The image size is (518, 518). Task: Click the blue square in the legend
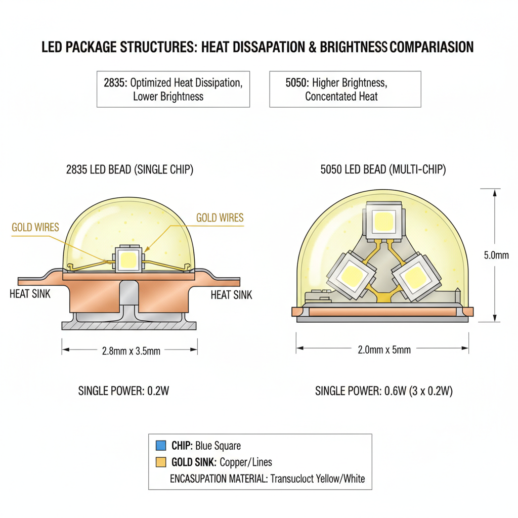tap(160, 446)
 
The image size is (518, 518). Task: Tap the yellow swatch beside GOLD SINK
tap(160, 462)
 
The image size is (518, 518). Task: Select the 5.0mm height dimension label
tap(496, 255)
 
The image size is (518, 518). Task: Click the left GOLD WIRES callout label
tap(35, 227)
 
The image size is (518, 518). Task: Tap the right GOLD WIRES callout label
tap(220, 218)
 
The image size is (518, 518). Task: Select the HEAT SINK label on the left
tap(30, 293)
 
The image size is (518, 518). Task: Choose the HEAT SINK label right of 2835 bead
tap(231, 294)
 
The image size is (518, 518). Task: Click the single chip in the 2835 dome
tap(129, 260)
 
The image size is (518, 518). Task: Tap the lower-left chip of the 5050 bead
tap(351, 275)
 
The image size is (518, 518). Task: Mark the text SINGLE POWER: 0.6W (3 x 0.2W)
tap(383, 391)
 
